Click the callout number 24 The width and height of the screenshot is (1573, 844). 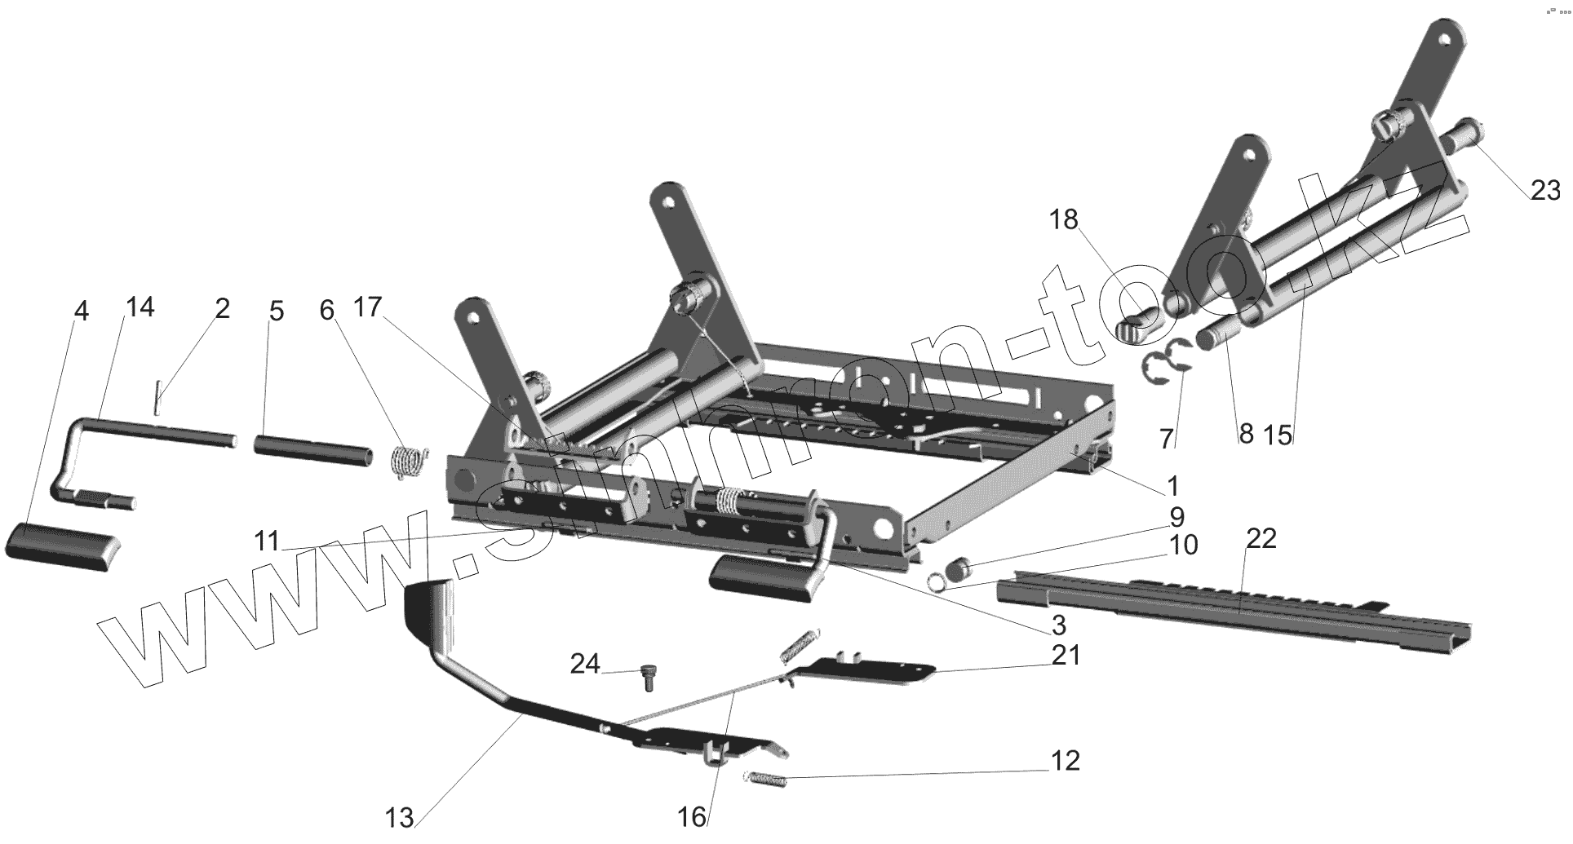584,664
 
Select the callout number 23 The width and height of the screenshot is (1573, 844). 1544,190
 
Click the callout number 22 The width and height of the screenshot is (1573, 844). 1261,539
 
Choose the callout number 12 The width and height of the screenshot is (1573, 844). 1065,760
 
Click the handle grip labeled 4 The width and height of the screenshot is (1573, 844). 62,547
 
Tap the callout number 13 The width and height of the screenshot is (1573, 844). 400,817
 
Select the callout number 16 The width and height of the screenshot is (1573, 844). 692,817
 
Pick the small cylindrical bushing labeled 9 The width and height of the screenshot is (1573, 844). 959,563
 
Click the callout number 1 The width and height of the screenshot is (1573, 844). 1172,487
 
